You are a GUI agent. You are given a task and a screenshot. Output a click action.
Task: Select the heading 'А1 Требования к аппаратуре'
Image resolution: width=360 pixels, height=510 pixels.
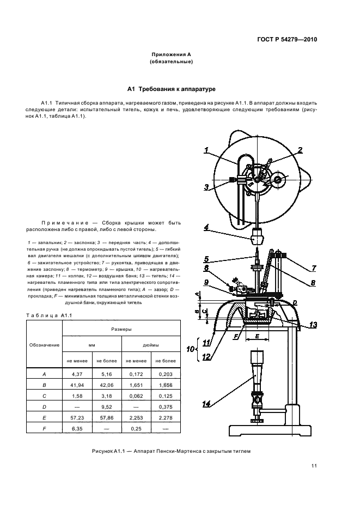click(172, 88)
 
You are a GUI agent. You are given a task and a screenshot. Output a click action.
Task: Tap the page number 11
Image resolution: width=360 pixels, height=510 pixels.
click(314, 465)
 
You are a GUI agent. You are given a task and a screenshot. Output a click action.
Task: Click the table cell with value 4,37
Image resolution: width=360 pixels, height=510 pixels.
click(77, 374)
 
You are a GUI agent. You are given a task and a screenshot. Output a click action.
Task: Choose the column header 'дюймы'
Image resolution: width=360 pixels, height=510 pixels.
click(151, 345)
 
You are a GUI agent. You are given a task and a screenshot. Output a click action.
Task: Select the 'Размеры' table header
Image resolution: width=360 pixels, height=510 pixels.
click(121, 330)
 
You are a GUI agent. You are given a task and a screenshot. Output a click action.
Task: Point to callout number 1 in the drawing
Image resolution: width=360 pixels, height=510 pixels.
click(207, 150)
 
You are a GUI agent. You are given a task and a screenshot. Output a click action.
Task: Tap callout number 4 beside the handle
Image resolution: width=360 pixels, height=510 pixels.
click(207, 227)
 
